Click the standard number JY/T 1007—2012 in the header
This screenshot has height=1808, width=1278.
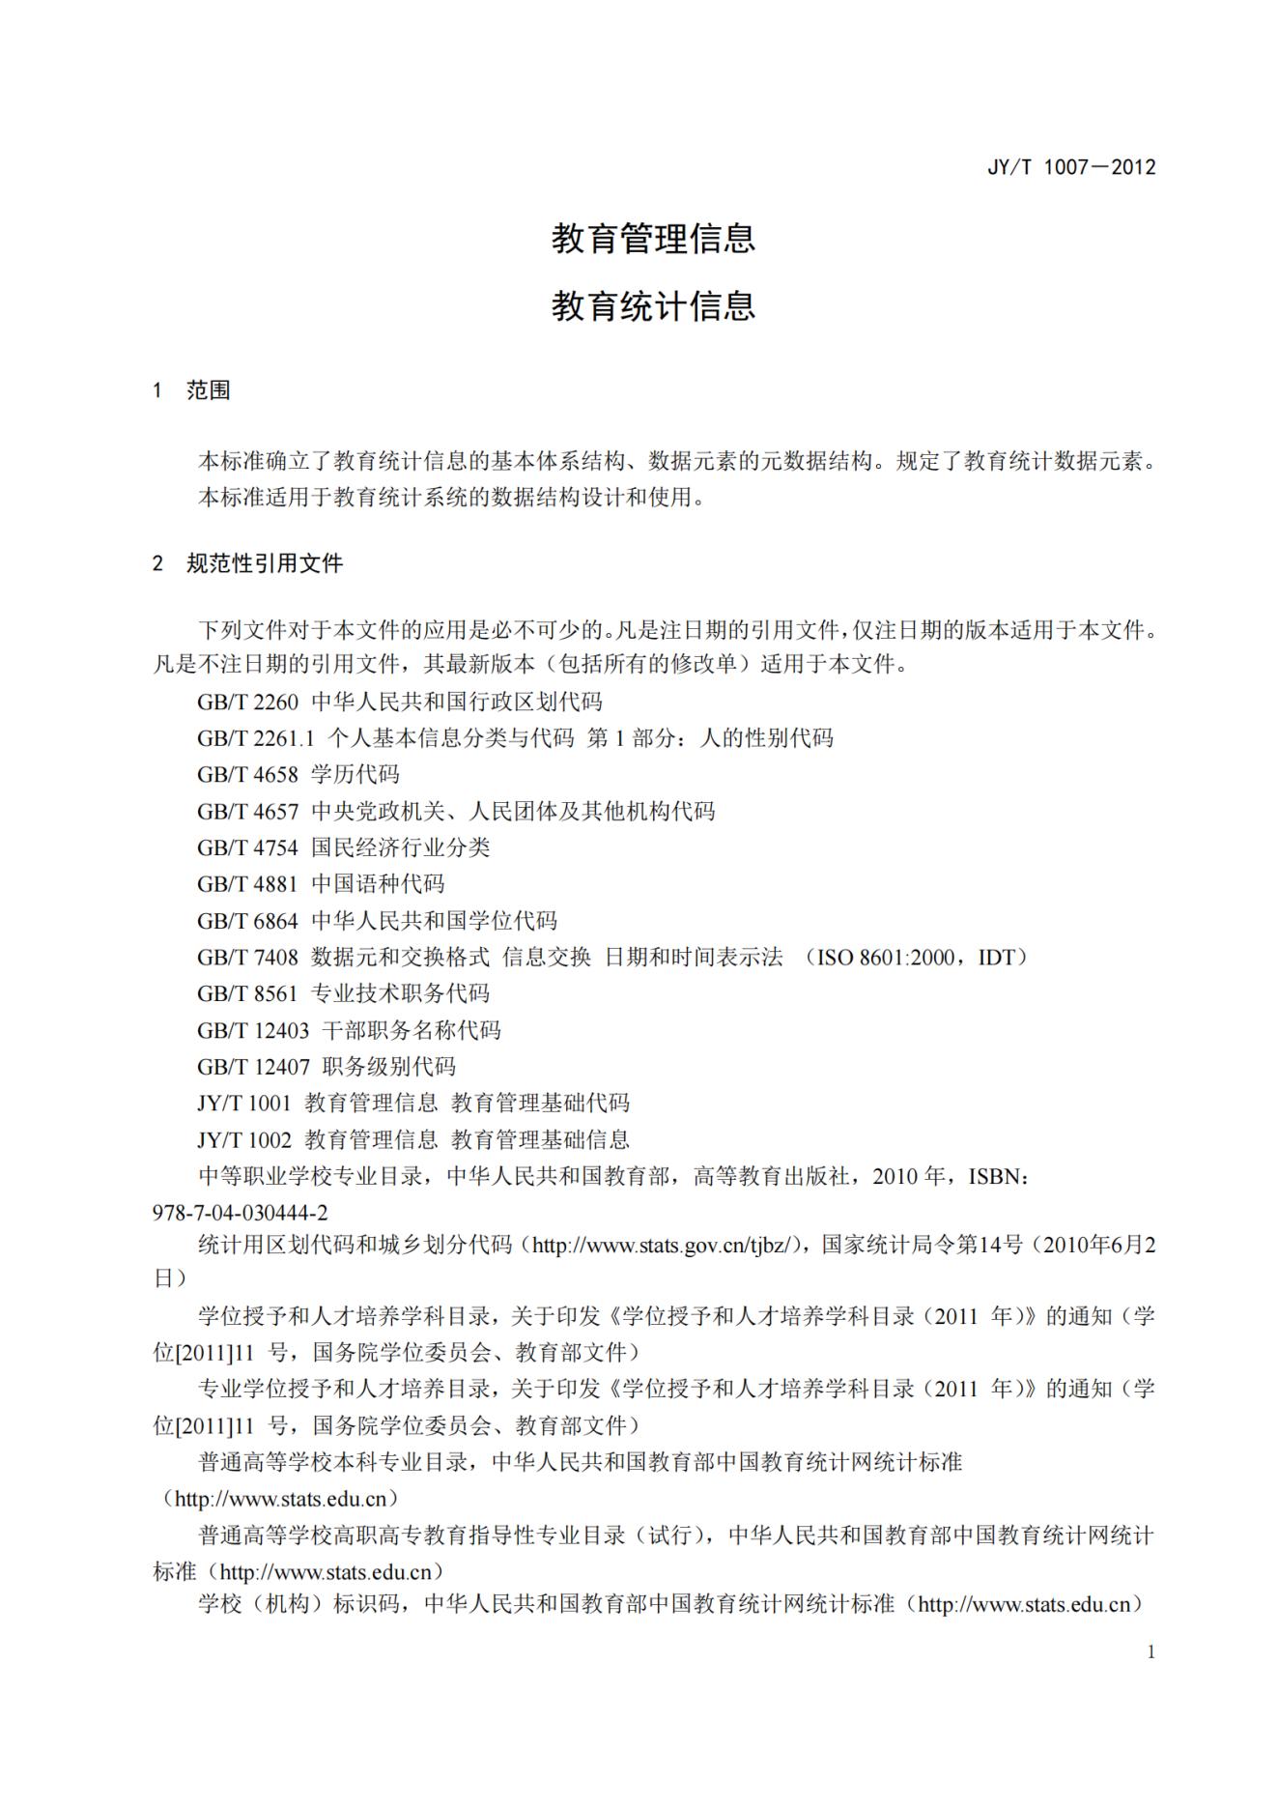pos(1070,167)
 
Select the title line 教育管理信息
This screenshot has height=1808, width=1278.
pos(653,238)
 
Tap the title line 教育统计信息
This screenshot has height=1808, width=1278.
pos(653,306)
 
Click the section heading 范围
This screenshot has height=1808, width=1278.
pos(208,390)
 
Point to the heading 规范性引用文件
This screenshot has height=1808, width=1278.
pos(264,563)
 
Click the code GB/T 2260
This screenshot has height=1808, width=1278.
pos(247,702)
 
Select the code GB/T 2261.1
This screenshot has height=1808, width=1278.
pos(256,738)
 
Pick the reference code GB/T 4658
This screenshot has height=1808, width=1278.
pos(247,775)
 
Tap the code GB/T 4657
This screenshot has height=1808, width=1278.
pos(247,812)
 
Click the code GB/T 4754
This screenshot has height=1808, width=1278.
pos(247,847)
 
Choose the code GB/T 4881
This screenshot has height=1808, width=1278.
pos(247,884)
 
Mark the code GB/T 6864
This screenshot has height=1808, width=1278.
pos(247,921)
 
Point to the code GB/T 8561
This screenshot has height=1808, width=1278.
pos(247,993)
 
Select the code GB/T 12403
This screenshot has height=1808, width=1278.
pos(253,1030)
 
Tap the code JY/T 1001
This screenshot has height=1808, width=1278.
pos(243,1103)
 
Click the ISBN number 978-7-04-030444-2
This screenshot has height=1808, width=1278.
pos(241,1213)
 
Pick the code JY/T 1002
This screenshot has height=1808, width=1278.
pos(243,1139)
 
